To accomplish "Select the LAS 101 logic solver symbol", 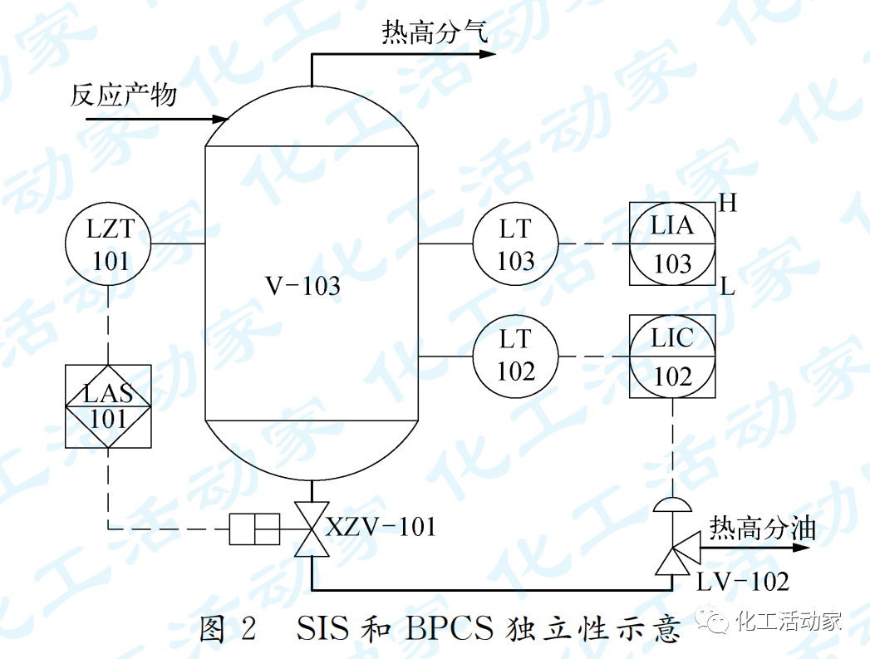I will (x=109, y=406).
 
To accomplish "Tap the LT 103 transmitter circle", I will (x=515, y=244).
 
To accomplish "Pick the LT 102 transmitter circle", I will (x=515, y=355).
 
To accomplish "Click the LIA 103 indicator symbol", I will (x=671, y=244).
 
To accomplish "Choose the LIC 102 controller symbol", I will (x=671, y=357).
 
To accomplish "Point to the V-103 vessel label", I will (x=302, y=286).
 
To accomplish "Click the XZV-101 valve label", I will (x=380, y=527).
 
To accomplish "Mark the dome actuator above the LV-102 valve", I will (x=671, y=504).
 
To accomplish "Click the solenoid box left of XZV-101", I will (x=255, y=529).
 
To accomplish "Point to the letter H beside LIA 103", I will (x=729, y=204).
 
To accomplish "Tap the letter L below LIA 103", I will (x=728, y=288).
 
